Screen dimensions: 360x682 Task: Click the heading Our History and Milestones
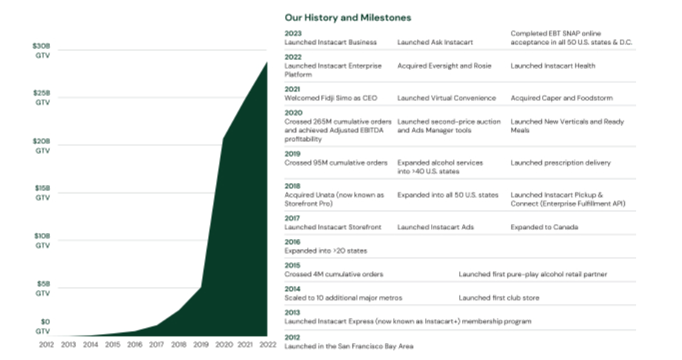tap(347, 17)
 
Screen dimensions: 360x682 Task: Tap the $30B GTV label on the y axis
tap(42, 50)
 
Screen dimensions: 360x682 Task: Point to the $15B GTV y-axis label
tap(42, 193)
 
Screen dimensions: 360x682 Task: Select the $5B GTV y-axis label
tap(42, 287)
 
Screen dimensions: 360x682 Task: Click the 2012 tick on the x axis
tap(46, 344)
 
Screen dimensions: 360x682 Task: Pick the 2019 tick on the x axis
tap(201, 344)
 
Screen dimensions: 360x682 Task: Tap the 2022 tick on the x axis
tap(267, 344)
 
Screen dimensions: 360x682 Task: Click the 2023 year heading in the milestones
tap(293, 33)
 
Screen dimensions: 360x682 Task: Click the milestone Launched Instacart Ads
tap(435, 227)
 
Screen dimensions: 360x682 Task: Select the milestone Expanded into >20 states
tap(327, 250)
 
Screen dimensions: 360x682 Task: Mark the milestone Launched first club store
tap(498, 298)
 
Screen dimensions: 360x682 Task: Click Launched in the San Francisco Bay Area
tap(349, 346)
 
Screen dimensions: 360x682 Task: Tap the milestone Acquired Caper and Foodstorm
tap(561, 98)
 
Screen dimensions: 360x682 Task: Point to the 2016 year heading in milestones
tap(293, 241)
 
